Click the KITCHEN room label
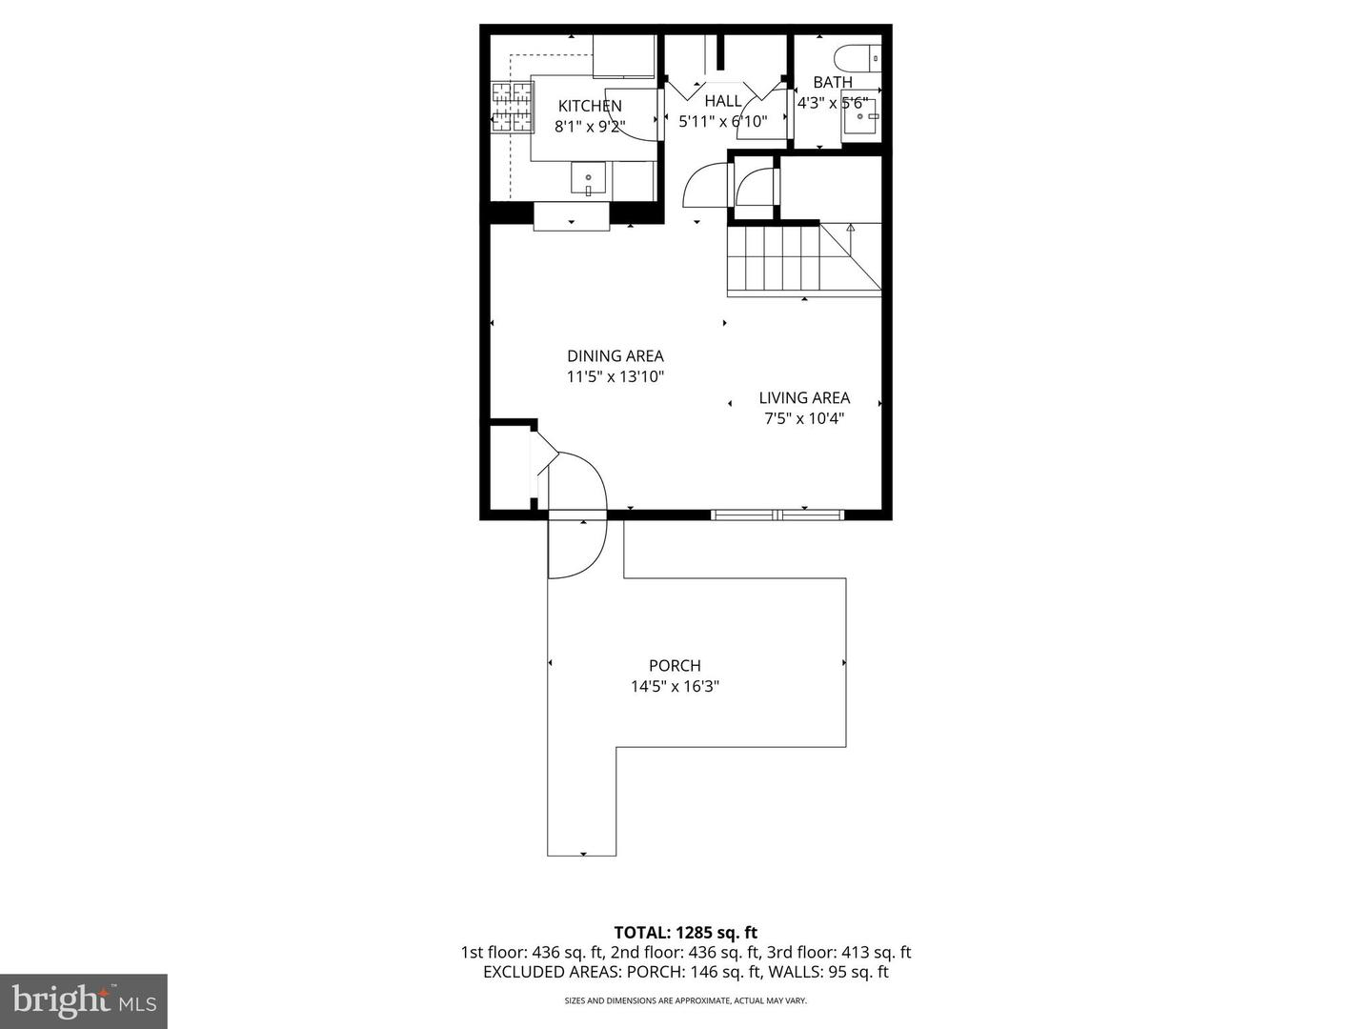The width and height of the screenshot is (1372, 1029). [x=590, y=106]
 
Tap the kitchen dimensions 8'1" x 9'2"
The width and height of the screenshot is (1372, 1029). [x=590, y=126]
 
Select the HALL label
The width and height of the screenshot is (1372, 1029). [x=723, y=101]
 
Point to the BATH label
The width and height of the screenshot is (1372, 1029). [x=833, y=83]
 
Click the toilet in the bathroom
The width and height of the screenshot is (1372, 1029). [x=858, y=57]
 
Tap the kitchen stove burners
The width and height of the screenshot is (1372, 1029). [x=512, y=107]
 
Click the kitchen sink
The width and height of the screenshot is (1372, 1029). [x=588, y=179]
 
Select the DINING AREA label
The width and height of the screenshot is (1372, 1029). [x=615, y=356]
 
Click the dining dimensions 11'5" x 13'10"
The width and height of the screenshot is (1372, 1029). [x=615, y=376]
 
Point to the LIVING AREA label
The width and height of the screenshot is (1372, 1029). [x=804, y=398]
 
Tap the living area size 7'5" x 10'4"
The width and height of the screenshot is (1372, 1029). [x=804, y=418]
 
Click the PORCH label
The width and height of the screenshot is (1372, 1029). [x=675, y=666]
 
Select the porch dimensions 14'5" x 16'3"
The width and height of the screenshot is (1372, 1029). [x=675, y=686]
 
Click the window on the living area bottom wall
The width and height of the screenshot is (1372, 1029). [x=777, y=515]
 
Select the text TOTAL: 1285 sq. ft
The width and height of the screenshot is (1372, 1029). [x=685, y=933]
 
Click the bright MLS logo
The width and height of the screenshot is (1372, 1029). [x=84, y=1000]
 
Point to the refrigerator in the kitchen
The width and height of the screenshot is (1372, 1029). [x=624, y=57]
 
